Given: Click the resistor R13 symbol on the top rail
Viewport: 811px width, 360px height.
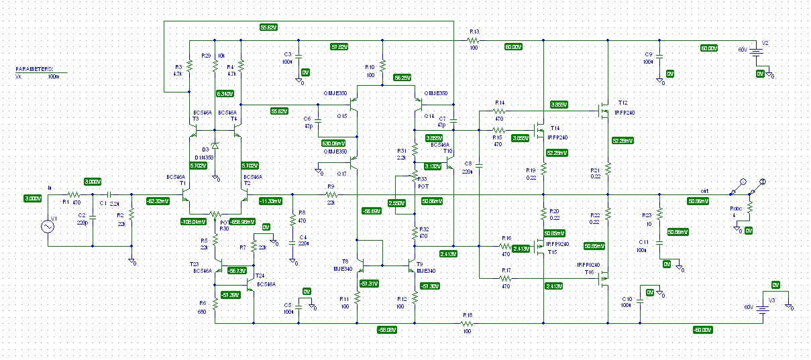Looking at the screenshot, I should pyautogui.click(x=474, y=40).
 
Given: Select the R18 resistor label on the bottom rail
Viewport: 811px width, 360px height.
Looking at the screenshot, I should pyautogui.click(x=468, y=314).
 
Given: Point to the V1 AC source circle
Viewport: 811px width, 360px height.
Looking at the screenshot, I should pyautogui.click(x=48, y=227).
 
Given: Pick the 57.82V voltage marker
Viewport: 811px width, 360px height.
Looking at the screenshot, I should pyautogui.click(x=339, y=47).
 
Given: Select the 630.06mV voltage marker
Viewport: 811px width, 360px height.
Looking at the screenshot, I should pyautogui.click(x=334, y=143).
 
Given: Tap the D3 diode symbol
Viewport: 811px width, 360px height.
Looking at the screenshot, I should pyautogui.click(x=215, y=145).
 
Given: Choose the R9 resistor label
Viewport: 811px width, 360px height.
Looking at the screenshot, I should pyautogui.click(x=330, y=186).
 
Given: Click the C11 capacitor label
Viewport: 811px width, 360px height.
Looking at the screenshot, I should pyautogui.click(x=643, y=241).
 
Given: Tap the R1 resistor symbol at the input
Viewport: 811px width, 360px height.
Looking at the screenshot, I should pyautogui.click(x=74, y=194).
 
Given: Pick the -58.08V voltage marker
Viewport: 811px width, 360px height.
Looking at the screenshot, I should pyautogui.click(x=387, y=329).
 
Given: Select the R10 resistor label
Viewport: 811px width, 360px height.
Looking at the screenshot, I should pyautogui.click(x=369, y=67).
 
